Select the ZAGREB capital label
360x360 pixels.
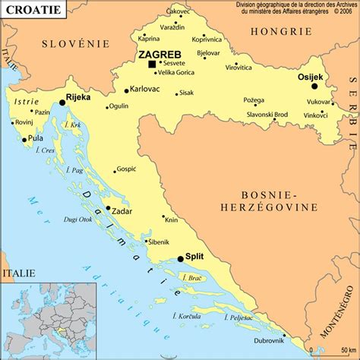pos(160,54)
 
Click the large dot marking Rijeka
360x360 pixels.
pos(62,102)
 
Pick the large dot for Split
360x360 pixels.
pos(180,258)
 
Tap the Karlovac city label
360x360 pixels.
pos(144,90)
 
